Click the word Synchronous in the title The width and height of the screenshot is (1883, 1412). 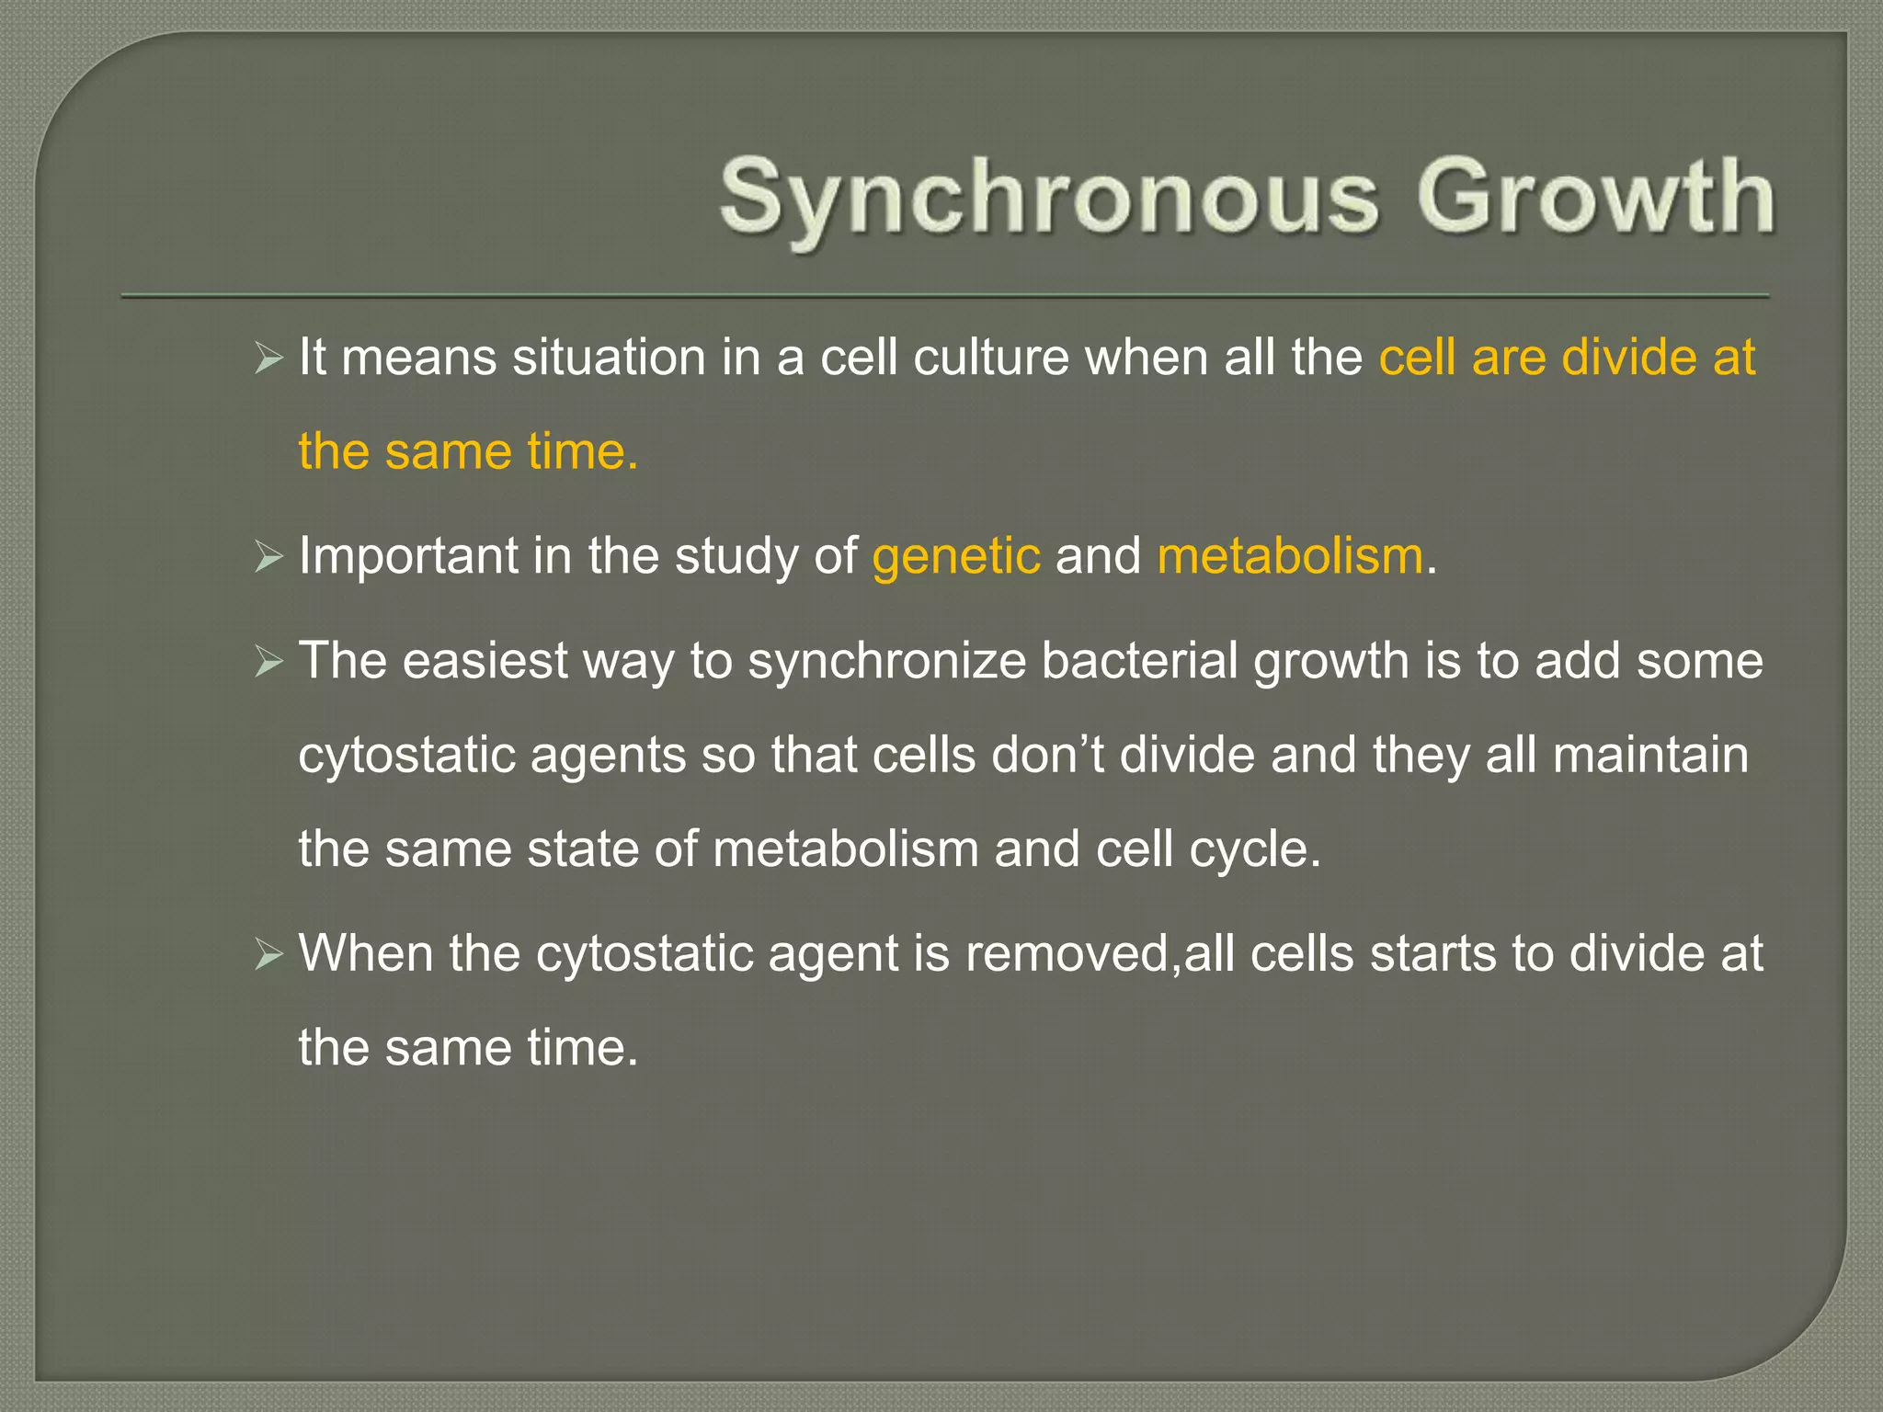[1048, 198]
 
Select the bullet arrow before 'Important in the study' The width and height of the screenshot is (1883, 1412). [268, 557]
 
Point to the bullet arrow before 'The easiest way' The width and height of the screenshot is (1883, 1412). [268, 662]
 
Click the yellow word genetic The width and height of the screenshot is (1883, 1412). [956, 557]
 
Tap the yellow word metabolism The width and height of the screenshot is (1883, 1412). [1290, 557]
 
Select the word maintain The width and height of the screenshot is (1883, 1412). [1649, 756]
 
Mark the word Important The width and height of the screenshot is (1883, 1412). [408, 557]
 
